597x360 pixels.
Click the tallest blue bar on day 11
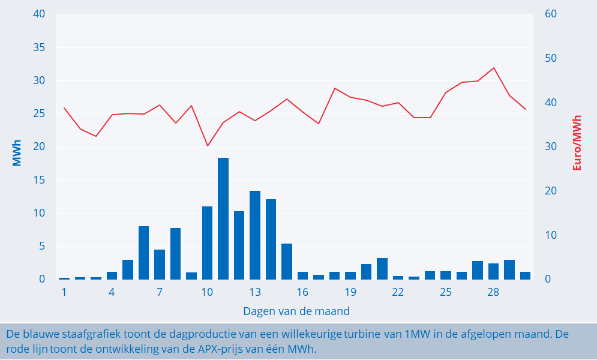pos(223,218)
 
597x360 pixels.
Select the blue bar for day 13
pos(255,235)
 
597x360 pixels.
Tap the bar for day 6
pos(143,253)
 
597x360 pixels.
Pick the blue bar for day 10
pos(208,243)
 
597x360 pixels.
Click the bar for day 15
pos(287,262)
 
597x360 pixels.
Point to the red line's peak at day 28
pos(494,68)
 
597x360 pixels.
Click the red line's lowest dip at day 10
pos(208,146)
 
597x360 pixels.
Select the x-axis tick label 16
pos(302,292)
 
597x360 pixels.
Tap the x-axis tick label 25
pos(445,292)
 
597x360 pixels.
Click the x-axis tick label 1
pos(64,292)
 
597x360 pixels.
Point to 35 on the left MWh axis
pos(40,47)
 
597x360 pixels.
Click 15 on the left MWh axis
pos(40,180)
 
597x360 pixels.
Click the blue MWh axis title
pos(16,153)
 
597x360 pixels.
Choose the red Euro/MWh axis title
pos(577,143)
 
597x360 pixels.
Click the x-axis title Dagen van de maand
pos(296,311)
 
